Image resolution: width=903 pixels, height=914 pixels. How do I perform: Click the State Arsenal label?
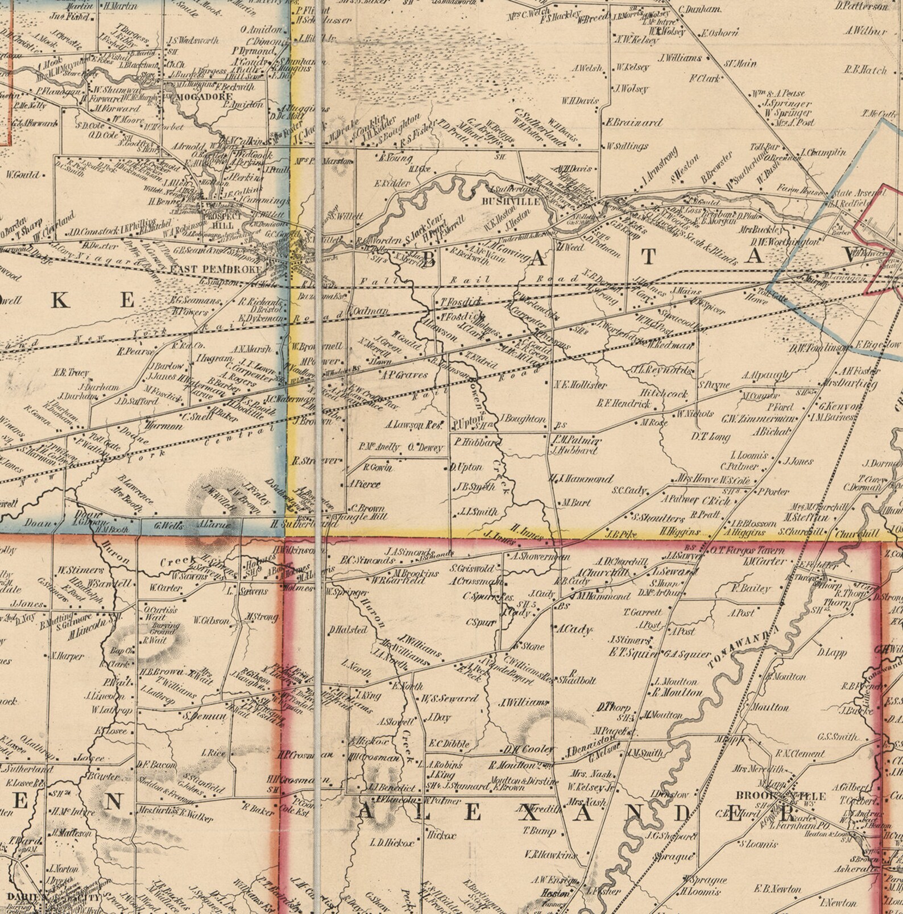(x=851, y=193)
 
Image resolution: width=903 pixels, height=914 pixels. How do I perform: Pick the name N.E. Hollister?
(x=581, y=385)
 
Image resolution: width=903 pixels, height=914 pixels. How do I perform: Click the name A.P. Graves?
(x=404, y=375)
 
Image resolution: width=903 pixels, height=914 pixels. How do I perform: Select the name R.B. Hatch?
(x=865, y=71)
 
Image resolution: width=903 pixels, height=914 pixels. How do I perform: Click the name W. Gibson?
(x=212, y=621)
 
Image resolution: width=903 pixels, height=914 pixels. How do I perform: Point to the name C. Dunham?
(x=701, y=10)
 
